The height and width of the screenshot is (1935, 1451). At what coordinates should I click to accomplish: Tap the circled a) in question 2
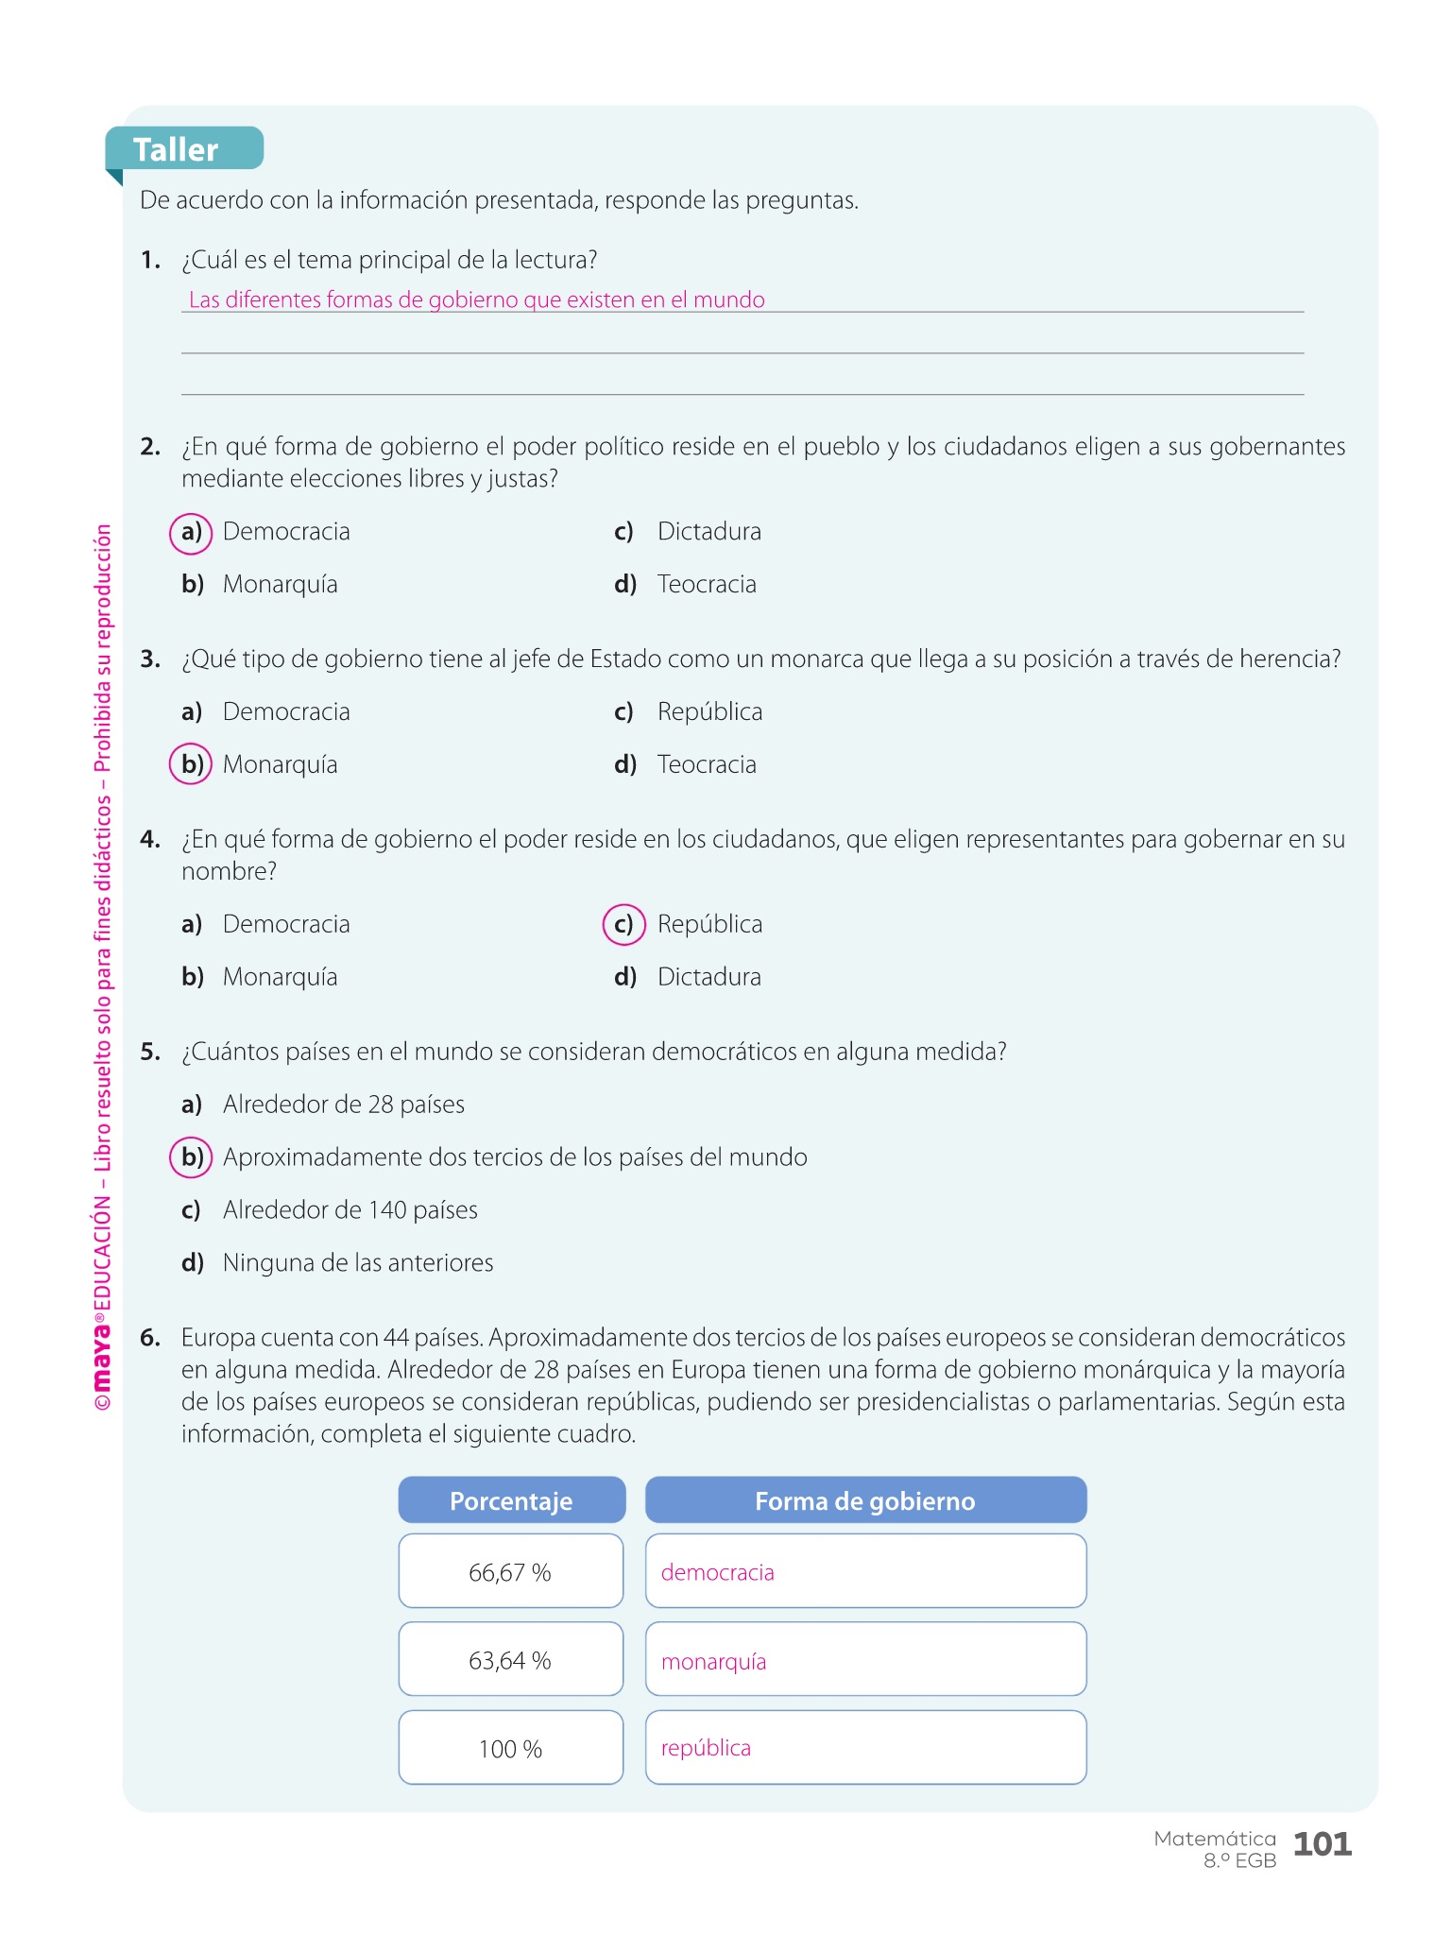coord(191,532)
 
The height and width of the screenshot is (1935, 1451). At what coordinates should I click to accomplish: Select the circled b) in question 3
coord(191,764)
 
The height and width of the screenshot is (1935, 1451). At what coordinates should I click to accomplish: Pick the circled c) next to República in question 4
coord(623,924)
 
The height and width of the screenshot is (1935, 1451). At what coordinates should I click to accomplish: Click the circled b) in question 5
coord(191,1157)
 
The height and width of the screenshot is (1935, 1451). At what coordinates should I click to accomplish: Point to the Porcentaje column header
coord(511,1500)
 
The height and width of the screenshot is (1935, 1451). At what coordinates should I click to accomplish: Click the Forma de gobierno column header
coord(865,1500)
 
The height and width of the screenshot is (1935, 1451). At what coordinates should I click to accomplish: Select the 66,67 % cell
coord(510,1572)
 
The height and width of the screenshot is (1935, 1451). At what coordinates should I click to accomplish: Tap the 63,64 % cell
coord(510,1660)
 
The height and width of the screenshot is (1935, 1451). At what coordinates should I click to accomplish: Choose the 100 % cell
coord(510,1749)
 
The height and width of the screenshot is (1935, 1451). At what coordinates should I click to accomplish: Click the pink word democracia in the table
coord(717,1572)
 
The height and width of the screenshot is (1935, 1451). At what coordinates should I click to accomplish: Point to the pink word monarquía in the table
coord(713,1661)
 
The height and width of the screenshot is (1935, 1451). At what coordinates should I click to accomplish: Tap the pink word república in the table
coord(706,1748)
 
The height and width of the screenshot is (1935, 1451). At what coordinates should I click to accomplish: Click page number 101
coord(1322,1843)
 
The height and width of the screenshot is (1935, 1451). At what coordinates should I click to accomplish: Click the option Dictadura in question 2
coord(708,532)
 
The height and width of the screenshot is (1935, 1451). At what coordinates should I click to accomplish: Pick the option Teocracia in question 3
coord(707,764)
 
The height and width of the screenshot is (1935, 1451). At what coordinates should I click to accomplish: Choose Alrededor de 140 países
coord(350,1210)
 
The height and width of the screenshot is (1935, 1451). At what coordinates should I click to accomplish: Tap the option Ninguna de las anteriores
coord(358,1263)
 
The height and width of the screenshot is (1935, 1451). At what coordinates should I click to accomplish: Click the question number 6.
coord(150,1338)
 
